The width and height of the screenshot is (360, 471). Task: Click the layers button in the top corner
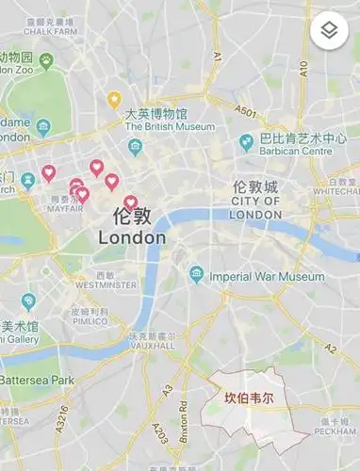pos(329,30)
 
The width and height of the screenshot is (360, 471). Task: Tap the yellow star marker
pos(114,98)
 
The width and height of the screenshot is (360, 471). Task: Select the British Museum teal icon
pos(136,147)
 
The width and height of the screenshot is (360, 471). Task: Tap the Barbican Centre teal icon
pos(246,142)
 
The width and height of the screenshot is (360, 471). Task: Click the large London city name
pos(132,237)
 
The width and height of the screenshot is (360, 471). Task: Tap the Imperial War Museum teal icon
pos(196,275)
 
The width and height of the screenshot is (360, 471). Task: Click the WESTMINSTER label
pos(105,284)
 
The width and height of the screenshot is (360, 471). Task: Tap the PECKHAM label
pos(335,431)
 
